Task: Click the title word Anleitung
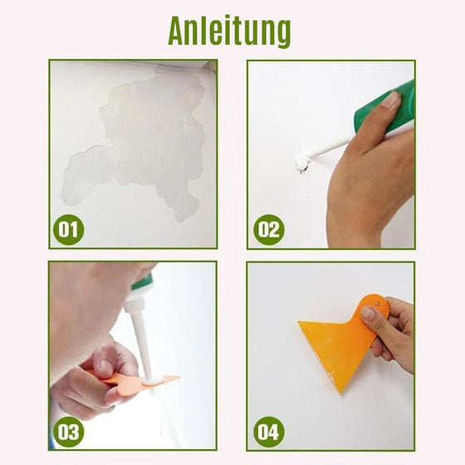click(230, 31)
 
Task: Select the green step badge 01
click(70, 228)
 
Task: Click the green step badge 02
click(268, 228)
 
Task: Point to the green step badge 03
click(70, 431)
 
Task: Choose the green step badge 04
click(268, 431)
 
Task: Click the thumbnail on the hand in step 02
click(389, 100)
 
